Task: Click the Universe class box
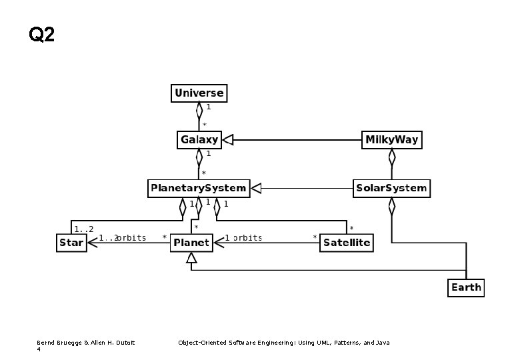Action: (x=199, y=93)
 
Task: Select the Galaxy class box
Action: (x=199, y=140)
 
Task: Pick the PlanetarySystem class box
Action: (x=199, y=188)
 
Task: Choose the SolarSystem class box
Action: (x=391, y=188)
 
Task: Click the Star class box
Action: (x=71, y=243)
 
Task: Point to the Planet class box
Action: (x=191, y=243)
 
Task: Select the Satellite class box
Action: (x=346, y=243)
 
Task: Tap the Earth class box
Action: (x=465, y=287)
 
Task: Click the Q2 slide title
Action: (x=42, y=34)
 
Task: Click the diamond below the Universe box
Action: (x=199, y=109)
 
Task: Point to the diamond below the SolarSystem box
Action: (x=392, y=205)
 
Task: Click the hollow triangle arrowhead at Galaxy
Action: (x=227, y=140)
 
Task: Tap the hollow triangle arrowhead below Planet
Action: (x=191, y=265)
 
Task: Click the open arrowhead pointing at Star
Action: (x=93, y=243)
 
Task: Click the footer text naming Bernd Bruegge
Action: (x=85, y=343)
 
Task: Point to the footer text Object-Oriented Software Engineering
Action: (x=283, y=343)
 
